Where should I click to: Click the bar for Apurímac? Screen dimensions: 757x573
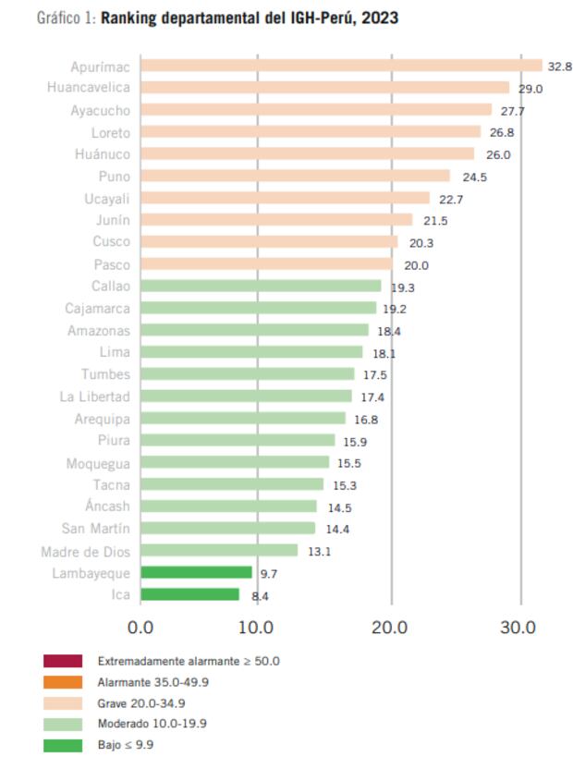click(x=341, y=66)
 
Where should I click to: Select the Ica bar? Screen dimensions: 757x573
click(x=189, y=595)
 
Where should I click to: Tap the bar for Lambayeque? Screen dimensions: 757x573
click(x=196, y=573)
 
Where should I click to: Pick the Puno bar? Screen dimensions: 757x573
click(x=295, y=176)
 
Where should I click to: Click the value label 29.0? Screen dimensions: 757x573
click(x=530, y=89)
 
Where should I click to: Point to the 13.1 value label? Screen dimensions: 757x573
click(x=320, y=552)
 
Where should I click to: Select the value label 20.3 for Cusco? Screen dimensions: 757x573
click(x=419, y=242)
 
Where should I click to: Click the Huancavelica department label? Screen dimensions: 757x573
click(x=89, y=88)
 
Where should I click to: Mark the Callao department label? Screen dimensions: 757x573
click(x=110, y=286)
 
